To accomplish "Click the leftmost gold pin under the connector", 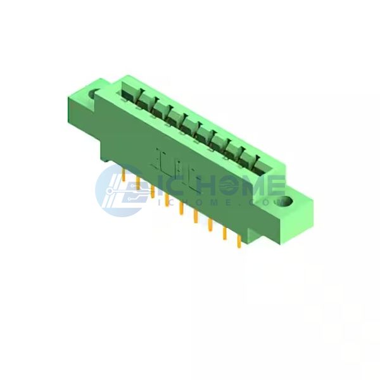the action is pyautogui.click(x=124, y=175).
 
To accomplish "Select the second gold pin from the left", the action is pyautogui.click(x=138, y=183).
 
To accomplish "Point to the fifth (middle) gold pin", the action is pyautogui.click(x=181, y=208).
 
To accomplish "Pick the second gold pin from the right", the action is pyautogui.click(x=225, y=233).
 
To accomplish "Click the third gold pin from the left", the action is pyautogui.click(x=153, y=191).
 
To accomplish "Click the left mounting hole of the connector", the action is pyautogui.click(x=93, y=94).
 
